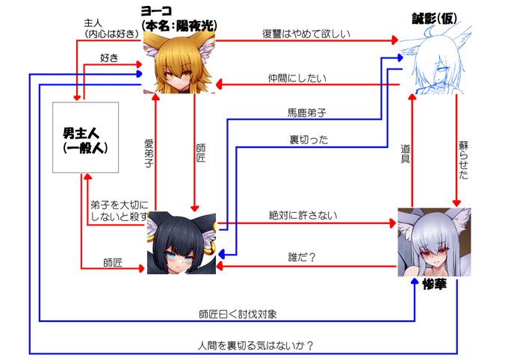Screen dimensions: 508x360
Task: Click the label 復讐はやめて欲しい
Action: click(x=305, y=34)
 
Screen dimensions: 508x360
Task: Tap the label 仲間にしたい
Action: click(x=297, y=78)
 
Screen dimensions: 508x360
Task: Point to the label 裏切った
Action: click(x=309, y=139)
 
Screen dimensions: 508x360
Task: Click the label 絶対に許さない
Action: click(x=303, y=215)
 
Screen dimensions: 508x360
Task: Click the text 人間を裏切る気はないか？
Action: click(x=255, y=345)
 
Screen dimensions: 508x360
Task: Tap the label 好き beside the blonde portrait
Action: click(x=110, y=58)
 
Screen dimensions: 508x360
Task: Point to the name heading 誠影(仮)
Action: click(x=436, y=18)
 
